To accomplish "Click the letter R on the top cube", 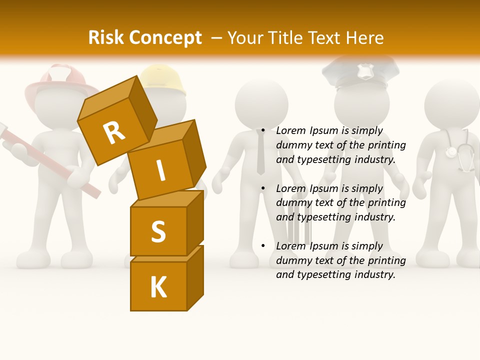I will pos(114,132).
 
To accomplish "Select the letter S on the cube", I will pos(158,231).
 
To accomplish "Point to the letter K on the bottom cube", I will pos(158,287).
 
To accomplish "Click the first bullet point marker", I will pos(263,131).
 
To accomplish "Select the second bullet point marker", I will pos(263,189).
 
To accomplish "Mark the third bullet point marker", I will pos(263,246).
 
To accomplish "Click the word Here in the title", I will pos(365,37).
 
